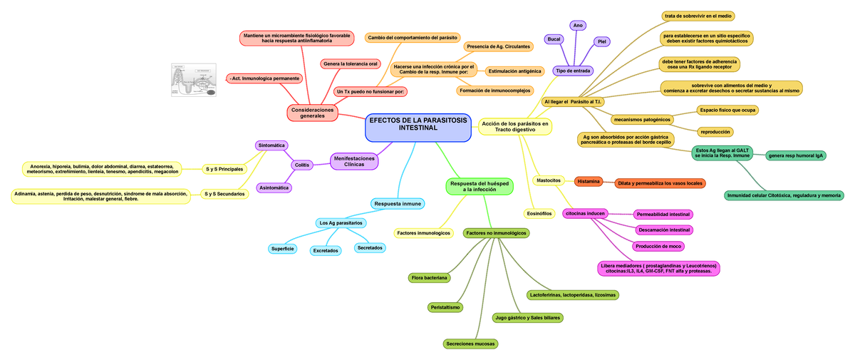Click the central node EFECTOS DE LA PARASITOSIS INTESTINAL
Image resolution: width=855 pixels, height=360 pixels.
(x=418, y=128)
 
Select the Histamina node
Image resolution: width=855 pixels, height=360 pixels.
(x=589, y=181)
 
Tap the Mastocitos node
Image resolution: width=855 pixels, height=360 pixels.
(x=548, y=180)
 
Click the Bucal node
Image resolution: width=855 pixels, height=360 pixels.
(x=554, y=38)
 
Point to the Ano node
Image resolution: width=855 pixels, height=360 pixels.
(x=579, y=26)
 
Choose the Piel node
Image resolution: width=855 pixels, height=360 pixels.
(x=601, y=41)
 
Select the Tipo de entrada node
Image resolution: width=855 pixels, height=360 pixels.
(x=573, y=71)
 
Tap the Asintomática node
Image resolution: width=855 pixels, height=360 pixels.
(x=274, y=187)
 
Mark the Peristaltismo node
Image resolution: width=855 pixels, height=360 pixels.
(x=445, y=307)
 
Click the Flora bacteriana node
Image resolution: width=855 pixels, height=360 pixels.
(x=429, y=277)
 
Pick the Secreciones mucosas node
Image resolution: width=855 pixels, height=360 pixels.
(x=470, y=344)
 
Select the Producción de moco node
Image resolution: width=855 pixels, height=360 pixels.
(x=659, y=246)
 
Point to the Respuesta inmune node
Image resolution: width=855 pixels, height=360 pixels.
(x=397, y=204)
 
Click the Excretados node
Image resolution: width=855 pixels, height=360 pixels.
(x=325, y=250)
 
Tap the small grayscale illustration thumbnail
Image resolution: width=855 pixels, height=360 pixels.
(x=194, y=80)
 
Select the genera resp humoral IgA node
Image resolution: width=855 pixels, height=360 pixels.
(x=797, y=154)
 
